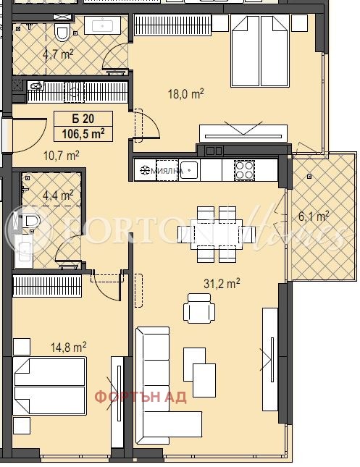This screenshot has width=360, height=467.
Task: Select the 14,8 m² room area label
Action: click(70, 348)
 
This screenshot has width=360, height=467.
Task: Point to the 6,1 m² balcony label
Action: click(314, 216)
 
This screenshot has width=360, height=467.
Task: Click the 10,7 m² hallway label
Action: click(62, 154)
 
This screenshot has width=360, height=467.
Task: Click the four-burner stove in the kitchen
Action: click(243, 170)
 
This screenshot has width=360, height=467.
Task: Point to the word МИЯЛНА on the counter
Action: click(163, 171)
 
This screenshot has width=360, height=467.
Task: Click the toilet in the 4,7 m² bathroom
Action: click(63, 33)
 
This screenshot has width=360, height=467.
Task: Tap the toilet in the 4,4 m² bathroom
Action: click(31, 220)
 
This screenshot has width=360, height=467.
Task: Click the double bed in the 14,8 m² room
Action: click(49, 385)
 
